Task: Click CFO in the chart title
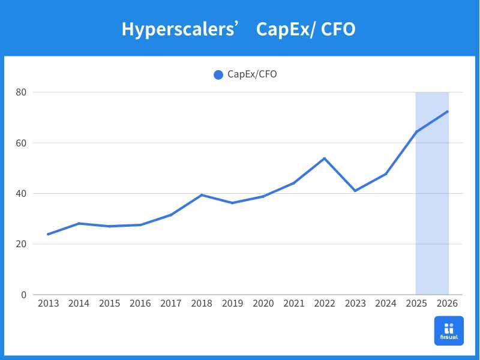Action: (x=338, y=29)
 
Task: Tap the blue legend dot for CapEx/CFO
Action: (x=218, y=74)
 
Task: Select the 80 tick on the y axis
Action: (x=21, y=92)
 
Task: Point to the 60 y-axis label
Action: (x=21, y=143)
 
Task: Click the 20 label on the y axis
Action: (x=21, y=244)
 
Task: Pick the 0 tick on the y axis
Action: (x=24, y=295)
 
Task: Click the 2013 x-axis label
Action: (x=48, y=304)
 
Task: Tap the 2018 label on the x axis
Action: (x=202, y=304)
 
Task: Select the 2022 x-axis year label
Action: (x=325, y=304)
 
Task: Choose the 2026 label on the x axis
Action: (x=448, y=304)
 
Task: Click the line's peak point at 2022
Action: (x=325, y=158)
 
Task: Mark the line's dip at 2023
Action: (x=355, y=191)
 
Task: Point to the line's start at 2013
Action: (x=48, y=234)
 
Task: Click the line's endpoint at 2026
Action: (x=448, y=112)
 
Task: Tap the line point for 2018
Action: (x=202, y=195)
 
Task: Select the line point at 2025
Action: (x=416, y=132)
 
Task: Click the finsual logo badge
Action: (x=449, y=331)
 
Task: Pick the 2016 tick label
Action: (x=140, y=304)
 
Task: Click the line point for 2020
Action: (x=263, y=196)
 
